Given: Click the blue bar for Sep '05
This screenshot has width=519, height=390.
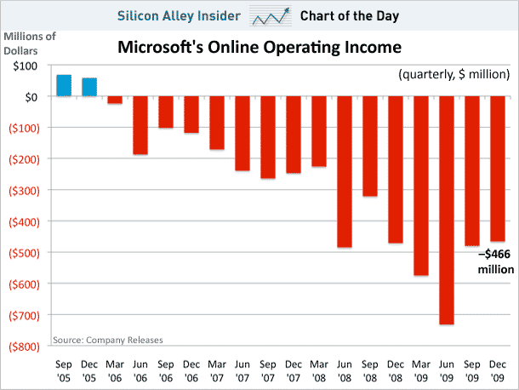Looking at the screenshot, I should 63,85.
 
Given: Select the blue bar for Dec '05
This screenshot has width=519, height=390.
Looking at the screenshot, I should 89,87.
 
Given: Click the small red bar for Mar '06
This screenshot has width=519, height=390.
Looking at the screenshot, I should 115,100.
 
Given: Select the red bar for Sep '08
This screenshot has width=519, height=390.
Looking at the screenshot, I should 370,146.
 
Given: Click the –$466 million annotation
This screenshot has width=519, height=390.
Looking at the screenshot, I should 495,261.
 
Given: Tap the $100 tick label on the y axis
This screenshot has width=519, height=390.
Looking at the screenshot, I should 25,66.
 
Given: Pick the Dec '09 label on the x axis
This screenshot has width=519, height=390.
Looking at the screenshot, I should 498,368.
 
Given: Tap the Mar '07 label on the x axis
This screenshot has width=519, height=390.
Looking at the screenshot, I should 217,368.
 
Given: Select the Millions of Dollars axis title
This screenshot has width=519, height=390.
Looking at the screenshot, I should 31,42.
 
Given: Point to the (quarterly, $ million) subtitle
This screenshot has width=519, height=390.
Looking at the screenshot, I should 453,76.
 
